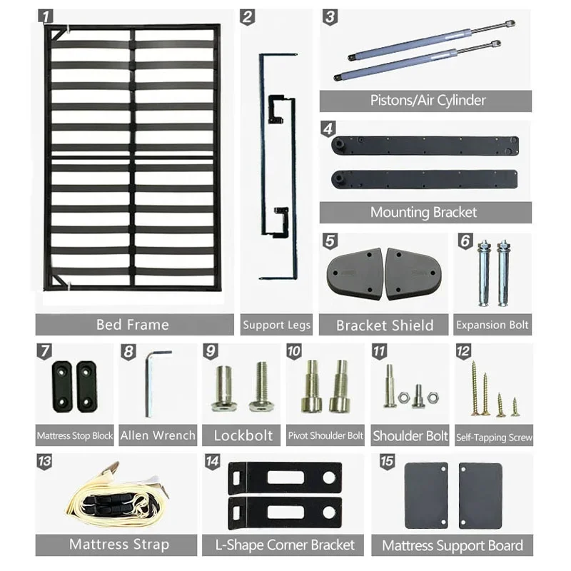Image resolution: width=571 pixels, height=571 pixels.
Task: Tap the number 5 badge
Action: (x=330, y=241)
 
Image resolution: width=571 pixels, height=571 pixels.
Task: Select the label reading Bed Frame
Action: (x=133, y=325)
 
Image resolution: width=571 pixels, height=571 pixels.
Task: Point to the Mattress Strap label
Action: (x=119, y=545)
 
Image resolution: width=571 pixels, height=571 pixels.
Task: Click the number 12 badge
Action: (x=463, y=351)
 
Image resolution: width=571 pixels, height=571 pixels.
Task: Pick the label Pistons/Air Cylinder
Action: (x=428, y=100)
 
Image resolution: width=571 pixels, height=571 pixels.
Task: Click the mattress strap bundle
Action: (x=117, y=495)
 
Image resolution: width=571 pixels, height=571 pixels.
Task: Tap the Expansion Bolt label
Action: (x=492, y=325)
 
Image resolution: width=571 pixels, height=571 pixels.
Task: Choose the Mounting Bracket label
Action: (x=423, y=212)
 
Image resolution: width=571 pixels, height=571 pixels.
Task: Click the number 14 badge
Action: (x=212, y=462)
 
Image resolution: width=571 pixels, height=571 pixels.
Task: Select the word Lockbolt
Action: (x=243, y=435)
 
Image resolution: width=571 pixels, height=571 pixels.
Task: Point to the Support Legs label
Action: (x=276, y=325)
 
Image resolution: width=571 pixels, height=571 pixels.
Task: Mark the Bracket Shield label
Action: (x=385, y=325)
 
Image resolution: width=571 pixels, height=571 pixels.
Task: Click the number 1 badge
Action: (x=45, y=16)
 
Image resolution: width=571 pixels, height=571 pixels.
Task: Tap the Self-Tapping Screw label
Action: (x=494, y=437)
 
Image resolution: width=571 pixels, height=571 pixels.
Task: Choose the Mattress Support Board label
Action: (x=453, y=545)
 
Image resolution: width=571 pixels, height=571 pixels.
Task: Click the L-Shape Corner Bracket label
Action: (x=285, y=545)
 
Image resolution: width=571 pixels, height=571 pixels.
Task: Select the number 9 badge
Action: (x=211, y=351)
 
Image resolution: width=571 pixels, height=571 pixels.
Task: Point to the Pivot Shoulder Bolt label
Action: (x=325, y=435)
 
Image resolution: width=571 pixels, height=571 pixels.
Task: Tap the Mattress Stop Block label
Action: (x=75, y=435)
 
